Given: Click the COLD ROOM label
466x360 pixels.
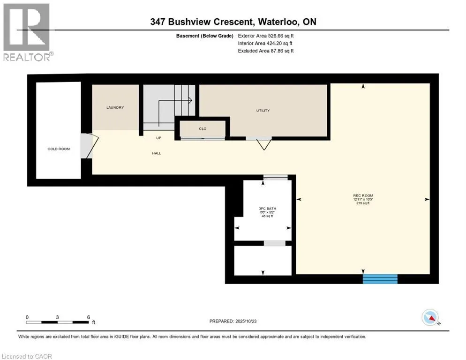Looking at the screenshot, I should pos(59,149).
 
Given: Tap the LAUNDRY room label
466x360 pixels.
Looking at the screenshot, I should pos(115,108).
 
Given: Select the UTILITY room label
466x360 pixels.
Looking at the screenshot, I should pos(263,111).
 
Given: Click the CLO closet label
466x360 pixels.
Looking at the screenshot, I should pos(203,128).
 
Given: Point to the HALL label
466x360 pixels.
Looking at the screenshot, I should pos(157,153).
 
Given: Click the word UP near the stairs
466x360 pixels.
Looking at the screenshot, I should pos(159,138).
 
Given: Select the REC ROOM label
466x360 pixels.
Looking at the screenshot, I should pos(363,195).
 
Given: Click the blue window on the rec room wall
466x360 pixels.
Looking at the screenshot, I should pos(380,279).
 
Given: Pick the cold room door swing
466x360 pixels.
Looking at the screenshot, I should pos(89,146).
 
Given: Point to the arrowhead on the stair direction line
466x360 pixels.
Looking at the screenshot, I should pos(190,99).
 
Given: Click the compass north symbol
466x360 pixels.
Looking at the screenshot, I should pos(430,318).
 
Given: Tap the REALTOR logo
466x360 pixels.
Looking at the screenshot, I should pos(28,32).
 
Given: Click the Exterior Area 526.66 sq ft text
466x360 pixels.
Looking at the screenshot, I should pos(266,36).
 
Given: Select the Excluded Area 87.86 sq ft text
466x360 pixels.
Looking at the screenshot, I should pos(266,51).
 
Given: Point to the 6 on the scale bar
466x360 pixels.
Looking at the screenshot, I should pos(89,317).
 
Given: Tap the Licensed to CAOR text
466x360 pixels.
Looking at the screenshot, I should pos(26,356).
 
